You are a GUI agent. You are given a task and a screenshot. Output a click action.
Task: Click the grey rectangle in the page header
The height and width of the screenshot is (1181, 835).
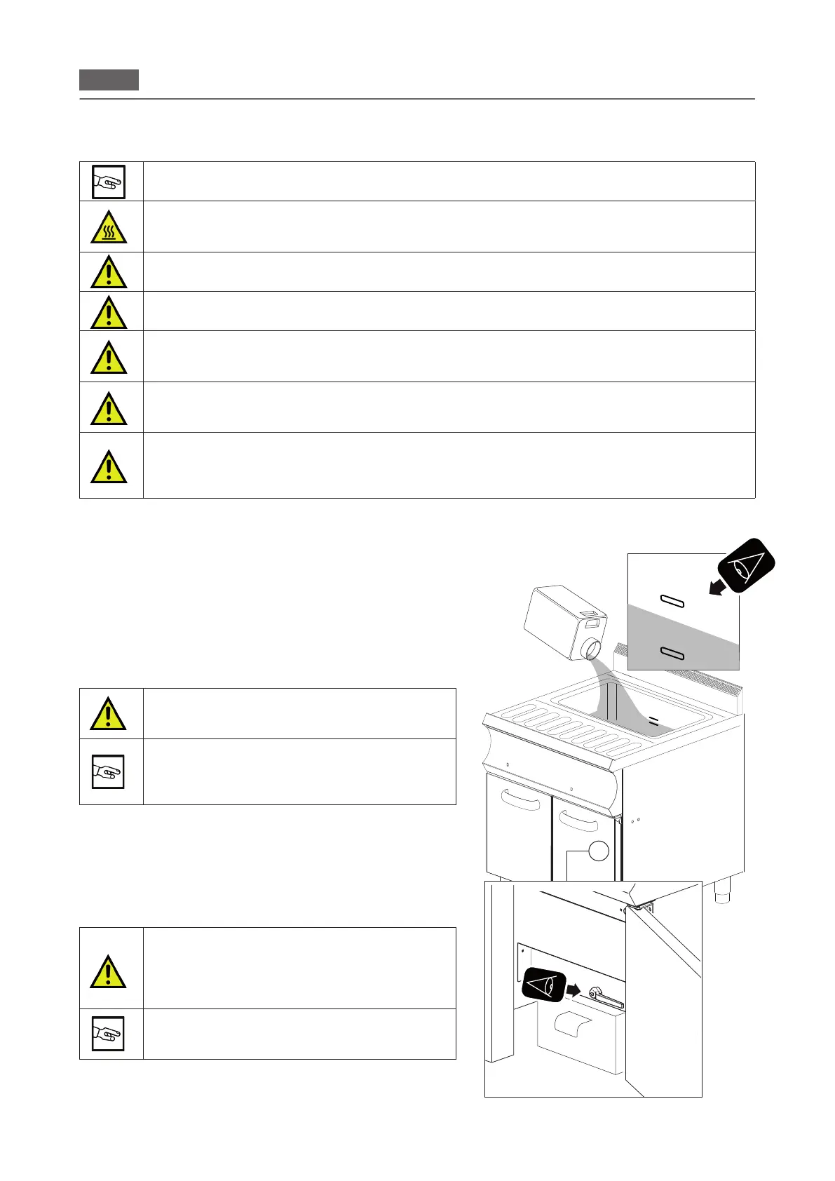[109, 80]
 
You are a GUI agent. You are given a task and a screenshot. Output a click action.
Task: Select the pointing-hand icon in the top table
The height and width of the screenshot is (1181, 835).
[109, 182]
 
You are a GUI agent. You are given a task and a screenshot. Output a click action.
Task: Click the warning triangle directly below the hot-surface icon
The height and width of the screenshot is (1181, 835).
[109, 272]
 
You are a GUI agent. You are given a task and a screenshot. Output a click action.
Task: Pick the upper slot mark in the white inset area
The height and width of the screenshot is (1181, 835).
[672, 600]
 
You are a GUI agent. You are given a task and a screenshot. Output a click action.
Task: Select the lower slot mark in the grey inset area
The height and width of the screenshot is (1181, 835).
[672, 654]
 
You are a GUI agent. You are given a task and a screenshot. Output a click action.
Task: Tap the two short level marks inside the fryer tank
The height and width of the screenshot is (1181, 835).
[653, 720]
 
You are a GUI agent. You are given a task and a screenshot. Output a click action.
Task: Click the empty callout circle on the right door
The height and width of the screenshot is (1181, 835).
[598, 850]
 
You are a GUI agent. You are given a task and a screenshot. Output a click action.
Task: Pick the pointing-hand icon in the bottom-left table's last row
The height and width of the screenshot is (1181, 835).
[109, 1033]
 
